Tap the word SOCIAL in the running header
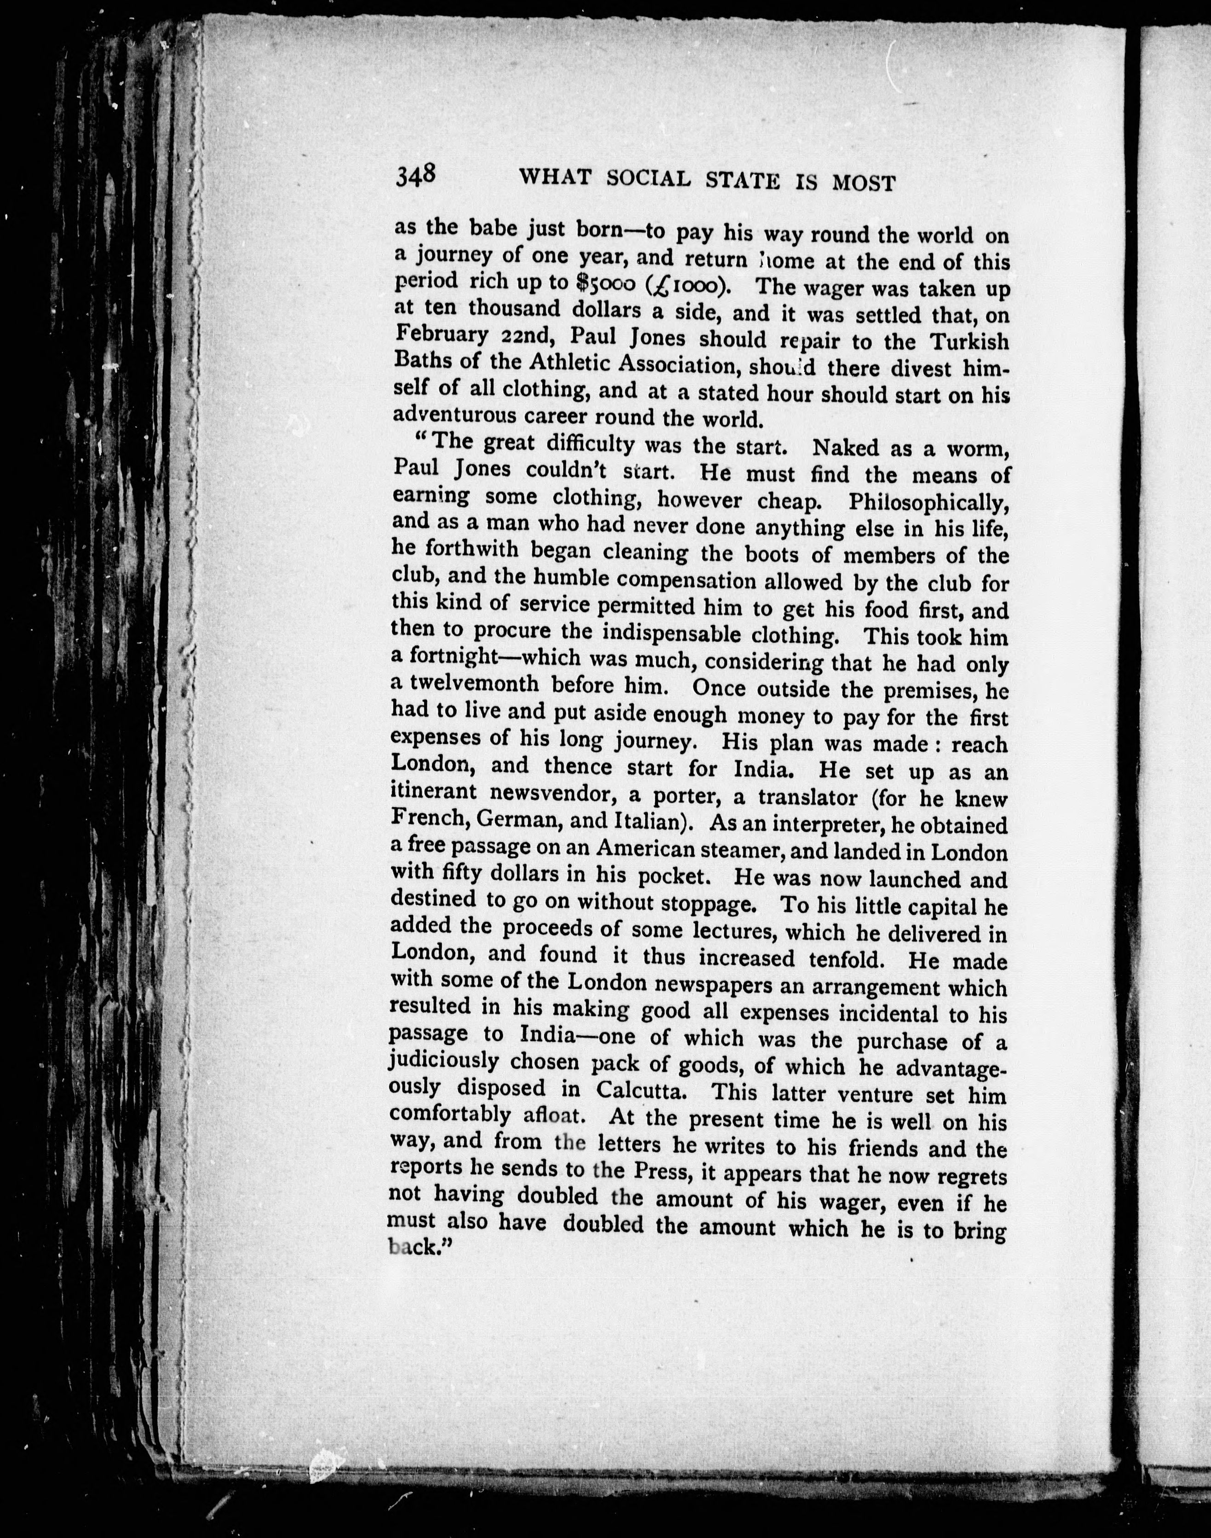(x=648, y=178)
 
